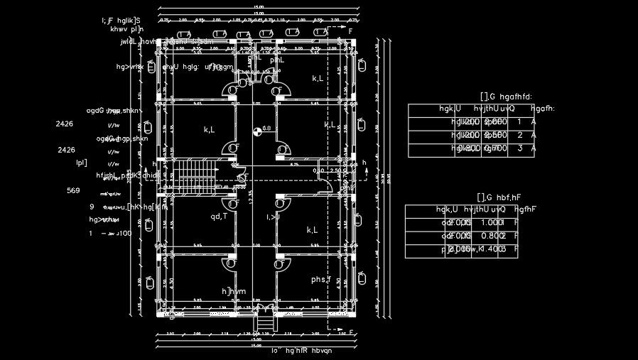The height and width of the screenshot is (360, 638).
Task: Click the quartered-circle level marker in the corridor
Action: (257, 130)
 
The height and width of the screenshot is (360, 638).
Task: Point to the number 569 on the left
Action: (73, 190)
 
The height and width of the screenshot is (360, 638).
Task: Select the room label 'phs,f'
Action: (321, 280)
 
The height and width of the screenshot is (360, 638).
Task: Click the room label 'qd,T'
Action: (219, 217)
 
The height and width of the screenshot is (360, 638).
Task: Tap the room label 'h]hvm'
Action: (234, 292)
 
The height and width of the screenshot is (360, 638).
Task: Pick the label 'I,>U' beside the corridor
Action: (274, 217)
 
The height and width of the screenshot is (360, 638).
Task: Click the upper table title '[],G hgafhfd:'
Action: (506, 97)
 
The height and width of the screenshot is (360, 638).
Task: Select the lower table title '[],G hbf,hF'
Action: (499, 197)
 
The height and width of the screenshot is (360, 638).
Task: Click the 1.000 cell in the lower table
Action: (492, 222)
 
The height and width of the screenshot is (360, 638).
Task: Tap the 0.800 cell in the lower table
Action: (492, 236)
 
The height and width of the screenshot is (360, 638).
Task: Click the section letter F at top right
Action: (350, 31)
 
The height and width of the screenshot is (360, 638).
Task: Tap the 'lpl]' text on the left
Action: (81, 163)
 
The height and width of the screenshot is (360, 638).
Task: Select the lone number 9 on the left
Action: (92, 207)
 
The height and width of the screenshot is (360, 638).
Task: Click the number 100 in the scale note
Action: (124, 233)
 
